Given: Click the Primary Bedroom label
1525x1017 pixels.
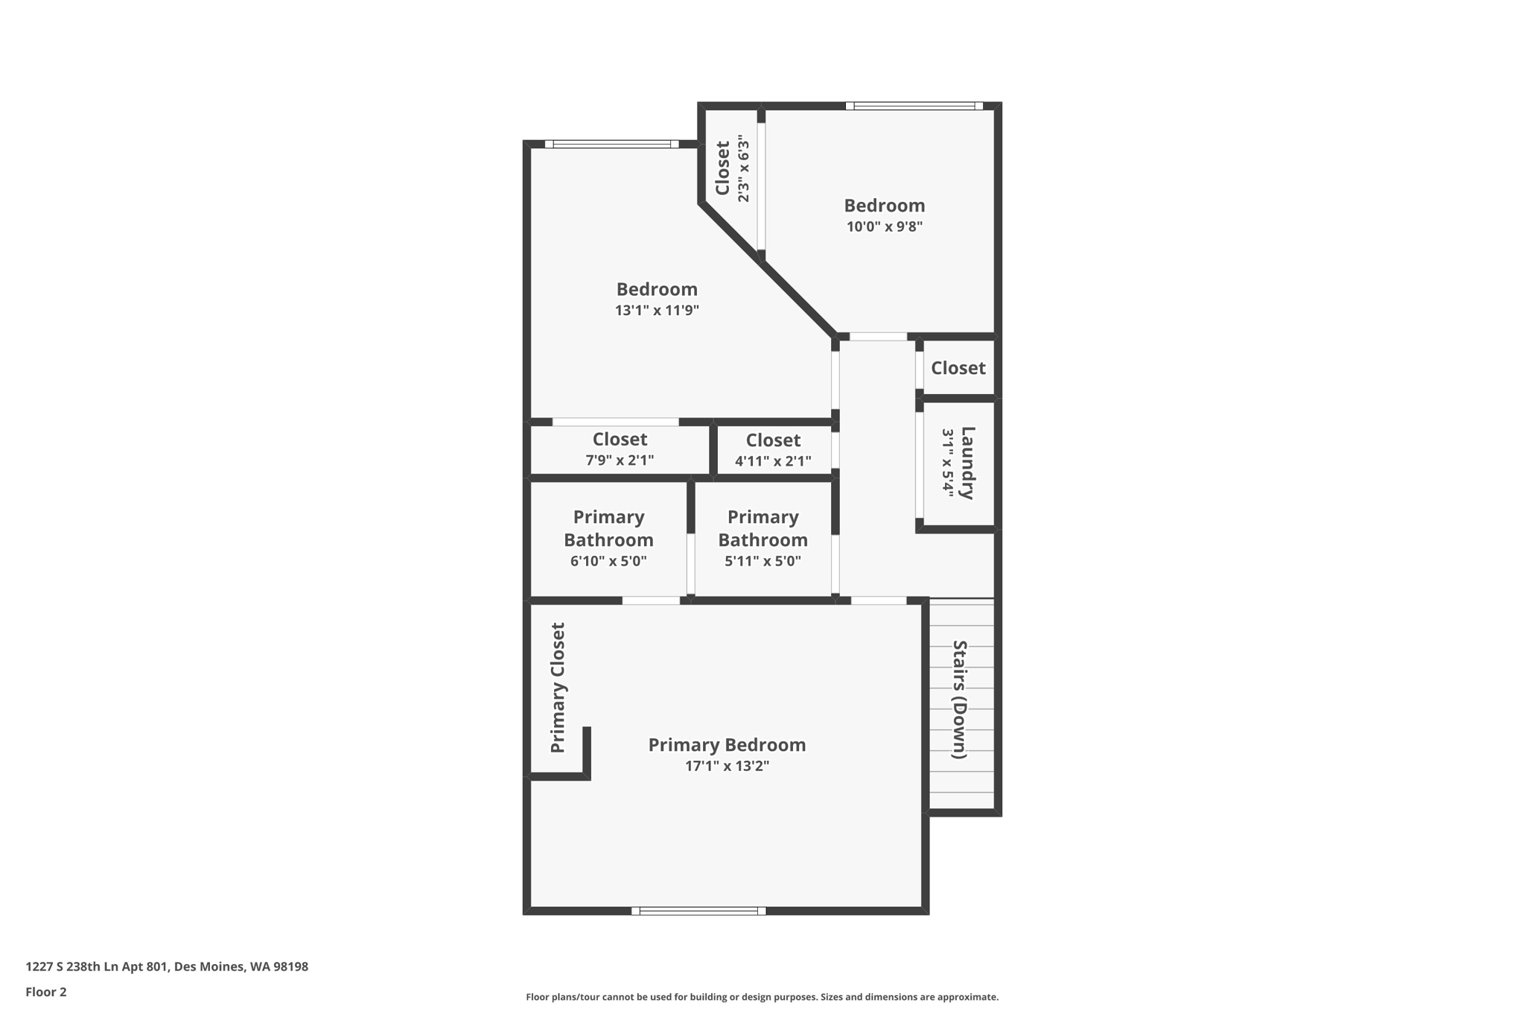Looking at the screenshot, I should (727, 744).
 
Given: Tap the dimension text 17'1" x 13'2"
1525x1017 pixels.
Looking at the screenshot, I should (727, 766).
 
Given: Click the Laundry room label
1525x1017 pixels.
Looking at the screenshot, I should (967, 463).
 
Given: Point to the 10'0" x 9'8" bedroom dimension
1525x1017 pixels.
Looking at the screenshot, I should (884, 226).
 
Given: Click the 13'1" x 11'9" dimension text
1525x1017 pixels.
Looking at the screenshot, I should (657, 311).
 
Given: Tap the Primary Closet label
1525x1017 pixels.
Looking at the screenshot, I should (558, 688).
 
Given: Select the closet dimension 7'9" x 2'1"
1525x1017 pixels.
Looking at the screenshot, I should (620, 460).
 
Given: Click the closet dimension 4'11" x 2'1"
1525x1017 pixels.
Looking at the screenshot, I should (773, 461).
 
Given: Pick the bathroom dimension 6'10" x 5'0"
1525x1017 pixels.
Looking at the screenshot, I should (608, 561).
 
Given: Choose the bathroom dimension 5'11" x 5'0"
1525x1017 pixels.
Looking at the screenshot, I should (762, 561).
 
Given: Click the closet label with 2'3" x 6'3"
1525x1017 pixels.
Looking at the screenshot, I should (722, 168).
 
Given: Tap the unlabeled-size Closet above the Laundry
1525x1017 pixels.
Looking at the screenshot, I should (958, 368).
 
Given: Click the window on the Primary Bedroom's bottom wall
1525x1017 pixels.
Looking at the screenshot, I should (698, 910).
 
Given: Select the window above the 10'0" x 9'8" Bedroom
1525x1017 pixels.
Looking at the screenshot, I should (914, 106).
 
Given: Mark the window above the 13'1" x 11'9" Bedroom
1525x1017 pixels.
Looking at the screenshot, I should (611, 144).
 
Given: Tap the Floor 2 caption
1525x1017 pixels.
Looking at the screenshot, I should (46, 992).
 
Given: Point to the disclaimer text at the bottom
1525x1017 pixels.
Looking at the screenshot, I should (762, 997).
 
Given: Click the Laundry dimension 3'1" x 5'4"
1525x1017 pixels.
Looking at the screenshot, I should (947, 463).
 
